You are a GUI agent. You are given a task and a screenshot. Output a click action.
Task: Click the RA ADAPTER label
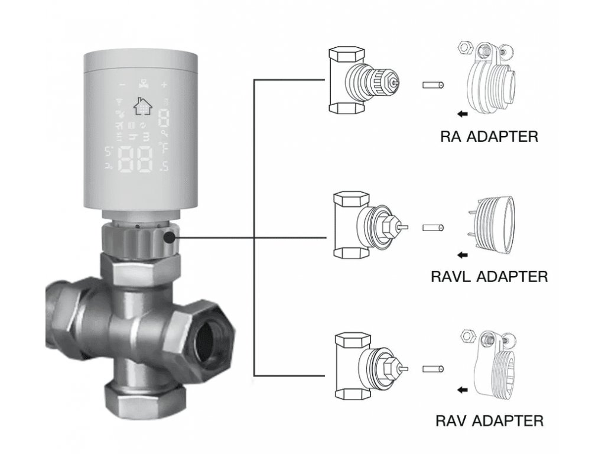pyautogui.click(x=489, y=137)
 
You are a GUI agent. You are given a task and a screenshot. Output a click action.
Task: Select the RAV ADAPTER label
pyautogui.click(x=489, y=421)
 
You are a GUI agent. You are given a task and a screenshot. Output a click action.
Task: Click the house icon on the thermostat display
pyautogui.click(x=142, y=106)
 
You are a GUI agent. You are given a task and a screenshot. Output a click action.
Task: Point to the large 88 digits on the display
pyautogui.click(x=136, y=159)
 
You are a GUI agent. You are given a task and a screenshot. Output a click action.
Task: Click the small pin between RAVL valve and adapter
pyautogui.click(x=433, y=228)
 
